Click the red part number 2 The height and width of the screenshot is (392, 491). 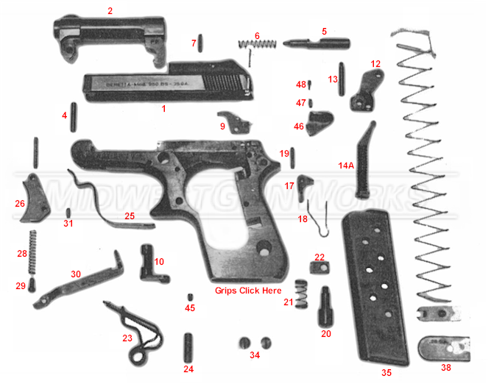click(110, 10)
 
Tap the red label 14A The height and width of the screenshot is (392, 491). click(346, 166)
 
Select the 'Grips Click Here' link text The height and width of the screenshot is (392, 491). click(248, 291)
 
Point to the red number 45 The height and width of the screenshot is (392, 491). click(189, 307)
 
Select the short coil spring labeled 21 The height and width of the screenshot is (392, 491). click(300, 292)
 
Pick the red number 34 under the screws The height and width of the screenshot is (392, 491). click(254, 355)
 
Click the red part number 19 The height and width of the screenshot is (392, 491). click(284, 153)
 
